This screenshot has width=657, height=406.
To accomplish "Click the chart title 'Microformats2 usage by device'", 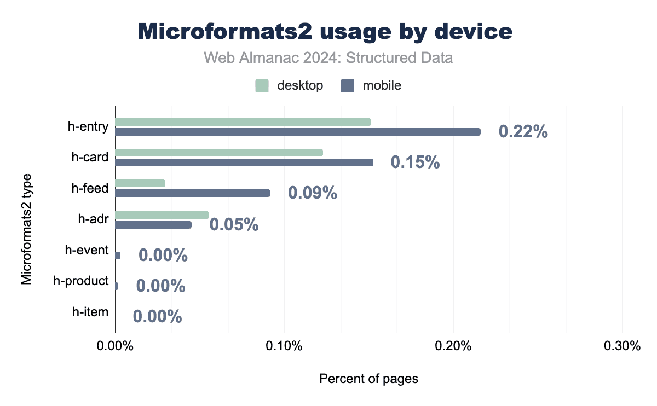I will tap(325, 32).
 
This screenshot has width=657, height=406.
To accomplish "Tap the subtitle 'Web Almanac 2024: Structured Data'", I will tap(328, 58).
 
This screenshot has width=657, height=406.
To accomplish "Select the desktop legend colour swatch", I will tap(262, 86).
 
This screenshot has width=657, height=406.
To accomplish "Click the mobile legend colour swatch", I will tap(348, 86).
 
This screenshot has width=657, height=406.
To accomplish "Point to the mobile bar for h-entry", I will tap(298, 132).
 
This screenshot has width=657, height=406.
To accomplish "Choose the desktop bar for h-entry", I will tap(243, 122).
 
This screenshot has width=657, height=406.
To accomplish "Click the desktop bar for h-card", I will tap(219, 153).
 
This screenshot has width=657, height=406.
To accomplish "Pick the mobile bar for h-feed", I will tap(193, 193).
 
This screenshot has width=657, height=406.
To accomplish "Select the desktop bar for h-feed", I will tap(140, 183).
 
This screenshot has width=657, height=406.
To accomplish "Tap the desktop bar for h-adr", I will tap(162, 215).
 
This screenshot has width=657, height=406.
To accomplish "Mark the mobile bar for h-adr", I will tap(153, 225).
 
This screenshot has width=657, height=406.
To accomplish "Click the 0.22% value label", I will tap(523, 132).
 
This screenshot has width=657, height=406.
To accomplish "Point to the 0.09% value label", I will tap(312, 193).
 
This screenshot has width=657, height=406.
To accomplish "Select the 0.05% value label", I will tap(234, 225).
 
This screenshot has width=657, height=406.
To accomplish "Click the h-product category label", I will tap(81, 281).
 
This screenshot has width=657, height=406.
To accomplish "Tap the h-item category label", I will tap(90, 312).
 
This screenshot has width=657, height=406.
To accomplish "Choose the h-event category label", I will tap(87, 251).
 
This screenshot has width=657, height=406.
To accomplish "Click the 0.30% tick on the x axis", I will tap(621, 346).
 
